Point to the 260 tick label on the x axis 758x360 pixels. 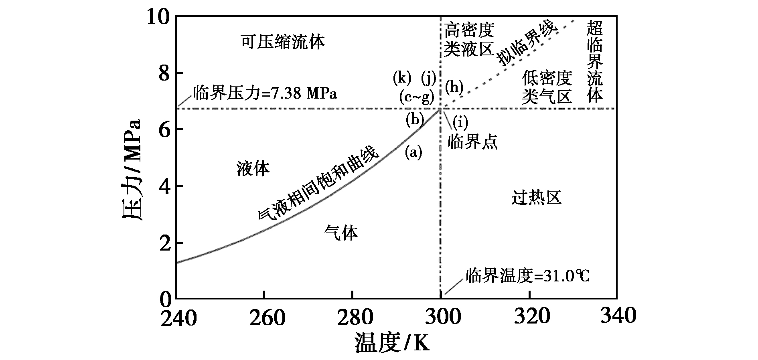(264, 317)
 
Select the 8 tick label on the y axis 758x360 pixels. (165, 74)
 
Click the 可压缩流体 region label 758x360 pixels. (283, 41)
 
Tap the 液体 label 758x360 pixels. (253, 168)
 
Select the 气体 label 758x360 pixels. (341, 233)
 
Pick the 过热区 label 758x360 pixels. (536, 197)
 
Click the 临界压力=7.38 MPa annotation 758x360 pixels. (265, 93)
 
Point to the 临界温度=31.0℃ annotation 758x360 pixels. (528, 276)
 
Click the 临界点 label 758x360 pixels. (472, 142)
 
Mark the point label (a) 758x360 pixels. (413, 152)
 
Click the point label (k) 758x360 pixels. (402, 78)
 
